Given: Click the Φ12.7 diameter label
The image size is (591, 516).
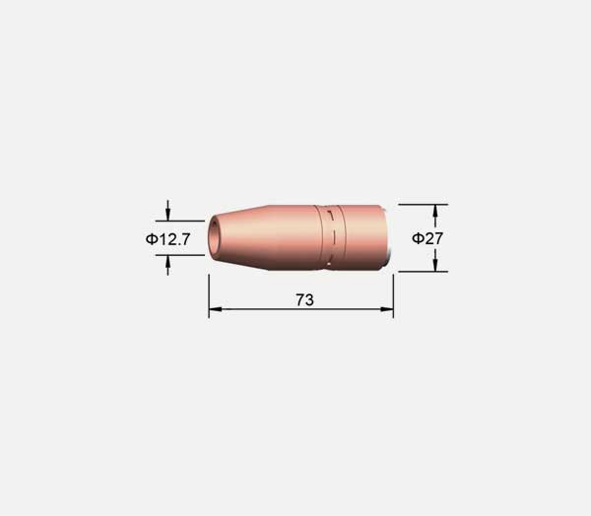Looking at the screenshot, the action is (168, 239).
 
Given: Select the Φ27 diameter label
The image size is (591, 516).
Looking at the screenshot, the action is (427, 238).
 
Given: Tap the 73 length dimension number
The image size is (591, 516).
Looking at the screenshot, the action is (304, 300).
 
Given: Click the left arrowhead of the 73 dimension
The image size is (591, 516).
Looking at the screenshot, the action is (215, 309).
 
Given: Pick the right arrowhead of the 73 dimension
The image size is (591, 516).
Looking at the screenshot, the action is (387, 309).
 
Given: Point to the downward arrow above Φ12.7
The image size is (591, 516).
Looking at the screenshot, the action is (167, 211).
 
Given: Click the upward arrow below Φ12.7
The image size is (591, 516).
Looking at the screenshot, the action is (167, 265).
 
